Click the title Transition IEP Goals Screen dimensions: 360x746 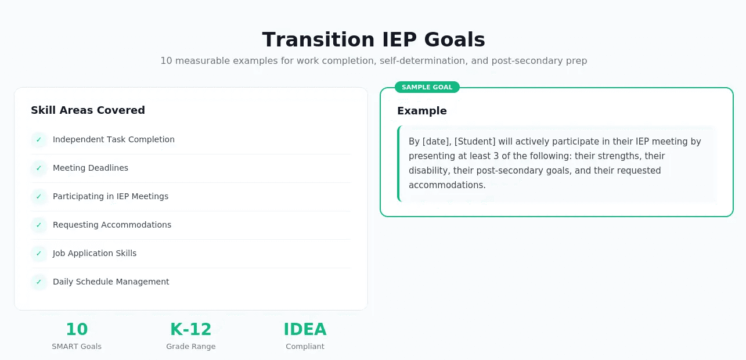pos(373,39)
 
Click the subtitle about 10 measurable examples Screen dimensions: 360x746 pos(373,60)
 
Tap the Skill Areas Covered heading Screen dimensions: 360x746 pos(88,110)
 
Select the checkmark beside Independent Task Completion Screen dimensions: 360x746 pos(39,140)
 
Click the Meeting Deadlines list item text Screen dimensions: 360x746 pos(90,168)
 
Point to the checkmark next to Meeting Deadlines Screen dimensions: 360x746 pos(39,168)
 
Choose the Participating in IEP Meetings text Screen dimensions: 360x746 pos(110,196)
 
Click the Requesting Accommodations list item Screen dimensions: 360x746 pos(111,225)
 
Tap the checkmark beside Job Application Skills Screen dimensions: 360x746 pos(39,254)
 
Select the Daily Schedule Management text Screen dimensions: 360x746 pos(111,282)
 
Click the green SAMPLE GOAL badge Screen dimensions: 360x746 pos(427,87)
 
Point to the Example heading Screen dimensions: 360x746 pos(421,111)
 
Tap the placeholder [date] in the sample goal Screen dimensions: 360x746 pos(437,142)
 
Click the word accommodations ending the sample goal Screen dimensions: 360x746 pos(446,185)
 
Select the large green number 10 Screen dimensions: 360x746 pos(77,329)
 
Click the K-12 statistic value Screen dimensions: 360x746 pos(190,329)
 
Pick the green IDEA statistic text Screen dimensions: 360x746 pos(305,329)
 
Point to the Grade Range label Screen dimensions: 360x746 pos(190,347)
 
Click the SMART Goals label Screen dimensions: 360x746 pos(77,347)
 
